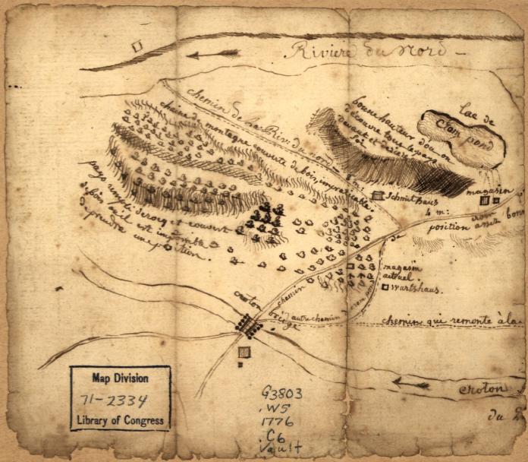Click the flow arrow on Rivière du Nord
tap(213, 54)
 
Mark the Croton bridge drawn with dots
tap(248, 325)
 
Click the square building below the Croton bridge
tap(244, 352)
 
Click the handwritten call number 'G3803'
tap(282, 394)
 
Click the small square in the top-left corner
tap(137, 46)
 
